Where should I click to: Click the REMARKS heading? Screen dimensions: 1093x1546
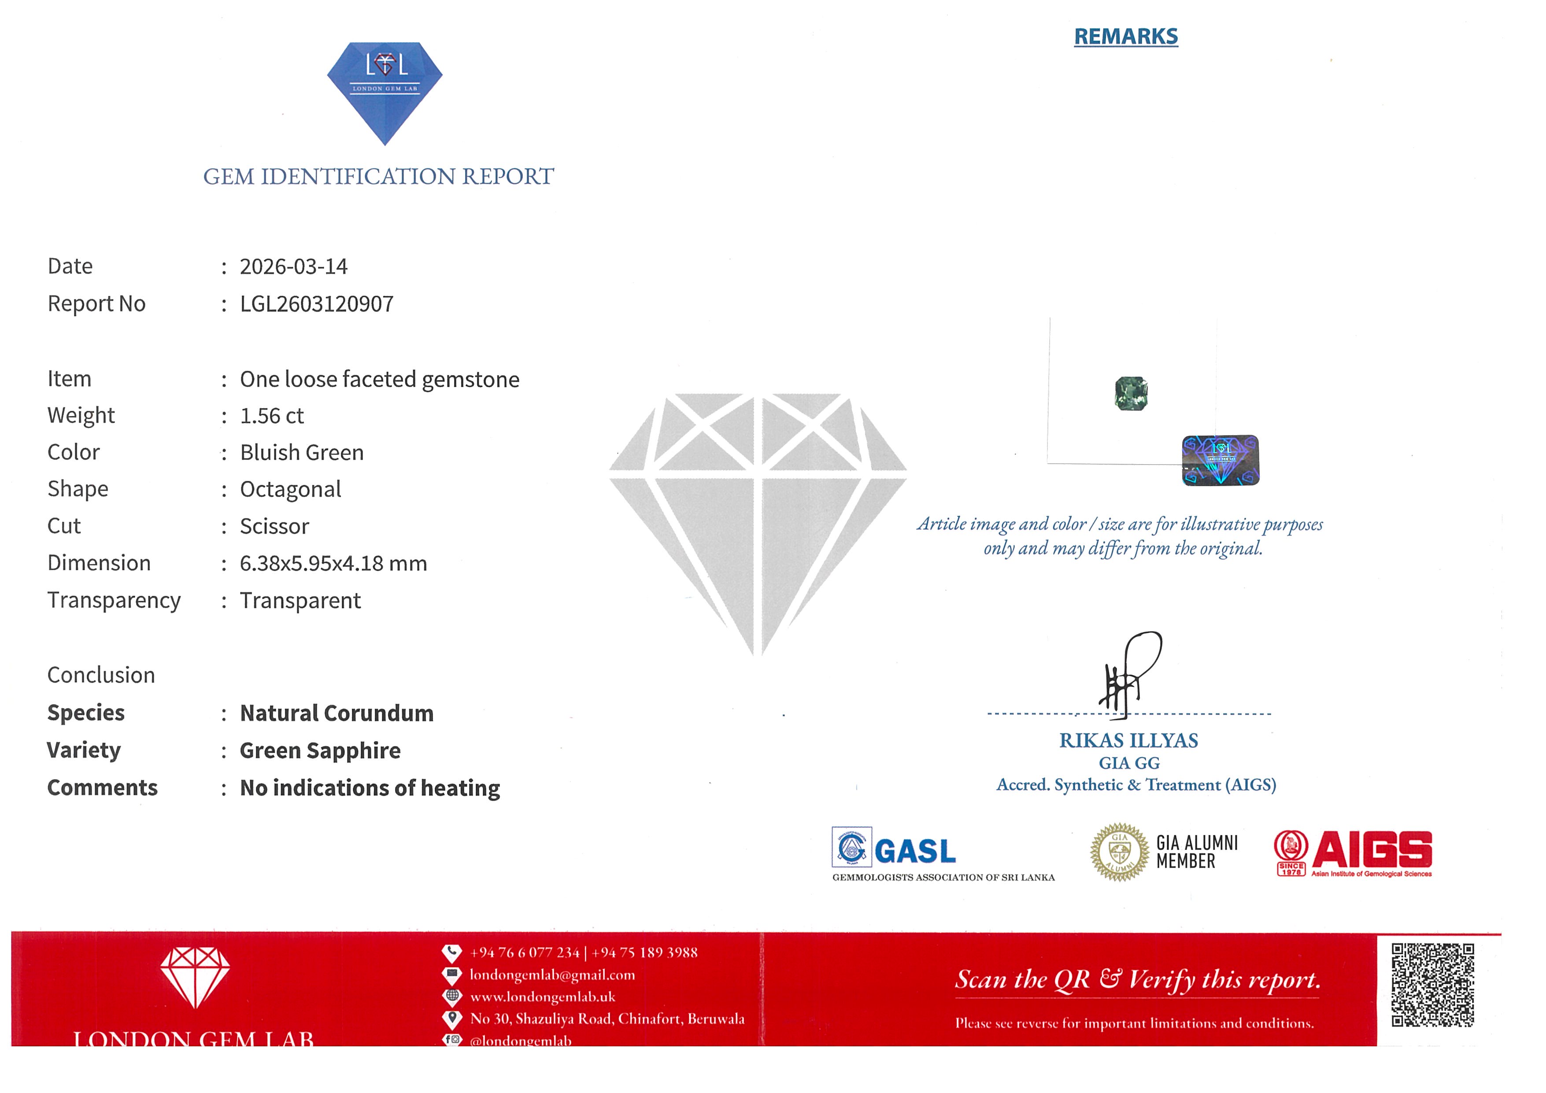pyautogui.click(x=1125, y=37)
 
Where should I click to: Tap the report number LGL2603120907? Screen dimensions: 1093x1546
pyautogui.click(x=317, y=304)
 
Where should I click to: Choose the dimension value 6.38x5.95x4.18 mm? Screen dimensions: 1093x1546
pyautogui.click(x=333, y=563)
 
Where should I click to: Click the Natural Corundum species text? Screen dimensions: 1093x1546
pyautogui.click(x=337, y=713)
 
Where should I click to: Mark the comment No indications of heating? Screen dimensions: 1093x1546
pyautogui.click(x=370, y=788)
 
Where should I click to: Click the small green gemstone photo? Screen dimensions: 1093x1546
pyautogui.click(x=1131, y=394)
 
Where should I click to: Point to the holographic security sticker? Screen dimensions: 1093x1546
pyautogui.click(x=1220, y=460)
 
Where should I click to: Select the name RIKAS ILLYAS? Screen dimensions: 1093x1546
pyautogui.click(x=1128, y=741)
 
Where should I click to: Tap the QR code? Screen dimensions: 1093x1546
pyautogui.click(x=1432, y=985)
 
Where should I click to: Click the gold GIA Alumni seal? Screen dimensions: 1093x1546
pyautogui.click(x=1119, y=852)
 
